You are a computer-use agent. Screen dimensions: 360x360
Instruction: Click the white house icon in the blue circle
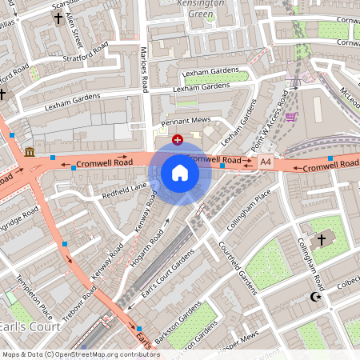coord(180,173)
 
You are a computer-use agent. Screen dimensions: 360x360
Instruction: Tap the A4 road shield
coord(266,162)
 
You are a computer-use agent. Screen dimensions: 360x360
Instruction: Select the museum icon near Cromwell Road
coord(30,152)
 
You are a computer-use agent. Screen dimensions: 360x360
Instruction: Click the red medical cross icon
coord(177,139)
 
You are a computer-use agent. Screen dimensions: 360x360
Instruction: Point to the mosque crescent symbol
coord(314,297)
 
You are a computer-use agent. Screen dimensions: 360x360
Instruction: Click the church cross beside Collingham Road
coord(322,239)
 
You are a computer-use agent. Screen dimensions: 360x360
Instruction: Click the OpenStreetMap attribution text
coord(80,354)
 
